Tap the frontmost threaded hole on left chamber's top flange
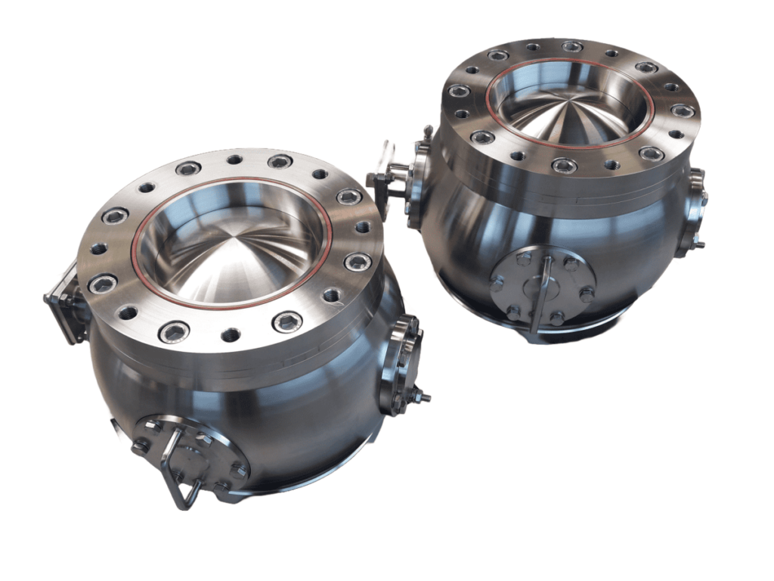pyautogui.click(x=231, y=334)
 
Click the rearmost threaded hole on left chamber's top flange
pyautogui.click(x=235, y=160)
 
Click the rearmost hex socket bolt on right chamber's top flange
pyautogui.click(x=572, y=47)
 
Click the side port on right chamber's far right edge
pyautogui.click(x=694, y=212)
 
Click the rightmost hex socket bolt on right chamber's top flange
pyautogui.click(x=682, y=110)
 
